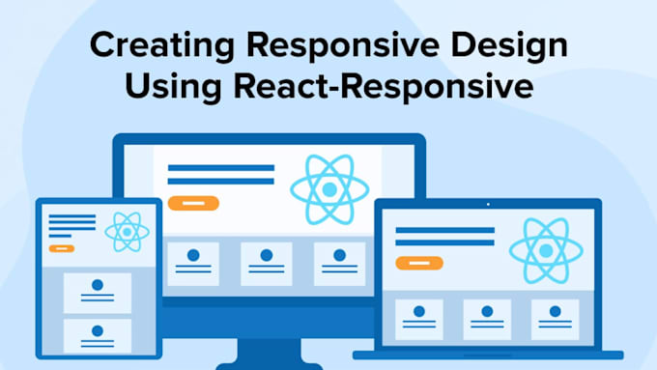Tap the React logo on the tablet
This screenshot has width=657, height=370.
point(127,232)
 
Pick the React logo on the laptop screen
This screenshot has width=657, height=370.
point(539,249)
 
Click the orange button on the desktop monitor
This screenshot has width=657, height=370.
point(193,203)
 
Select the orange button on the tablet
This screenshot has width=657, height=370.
point(62,248)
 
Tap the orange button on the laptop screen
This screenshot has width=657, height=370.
point(418,263)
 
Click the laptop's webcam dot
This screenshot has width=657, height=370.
point(487,204)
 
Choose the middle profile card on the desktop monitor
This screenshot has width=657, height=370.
point(266,264)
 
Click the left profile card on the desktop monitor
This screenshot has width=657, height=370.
point(193,264)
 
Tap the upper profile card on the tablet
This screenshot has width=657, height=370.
point(98,293)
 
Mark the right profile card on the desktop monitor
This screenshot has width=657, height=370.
point(338,264)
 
